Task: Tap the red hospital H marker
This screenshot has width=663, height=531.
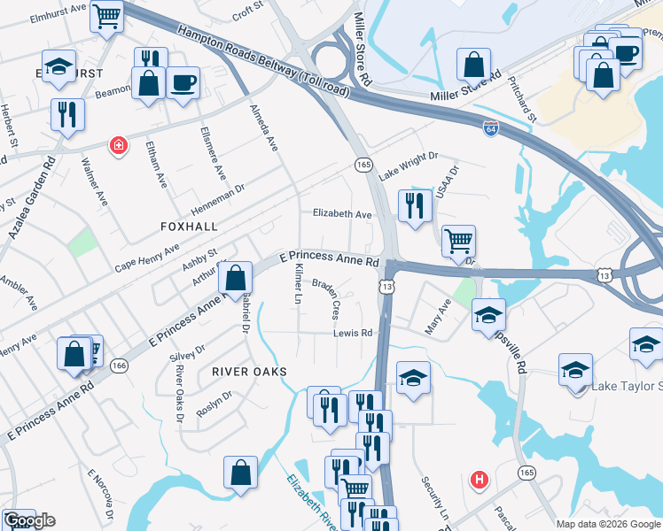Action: [480, 480]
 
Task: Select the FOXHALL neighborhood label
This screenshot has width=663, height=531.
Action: [189, 227]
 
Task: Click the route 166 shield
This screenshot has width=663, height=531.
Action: [120, 365]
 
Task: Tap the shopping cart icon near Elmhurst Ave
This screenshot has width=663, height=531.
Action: [106, 15]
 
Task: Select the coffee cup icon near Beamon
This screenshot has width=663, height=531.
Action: [183, 82]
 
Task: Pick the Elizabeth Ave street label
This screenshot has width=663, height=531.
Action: [342, 214]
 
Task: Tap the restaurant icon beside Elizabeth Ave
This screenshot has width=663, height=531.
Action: [415, 206]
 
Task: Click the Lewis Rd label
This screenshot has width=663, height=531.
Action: [352, 333]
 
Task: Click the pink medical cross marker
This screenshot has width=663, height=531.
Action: [116, 145]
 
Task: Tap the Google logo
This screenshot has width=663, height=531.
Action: [29, 520]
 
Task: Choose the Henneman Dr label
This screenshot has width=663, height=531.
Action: [221, 194]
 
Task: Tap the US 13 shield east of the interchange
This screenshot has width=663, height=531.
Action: [604, 276]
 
